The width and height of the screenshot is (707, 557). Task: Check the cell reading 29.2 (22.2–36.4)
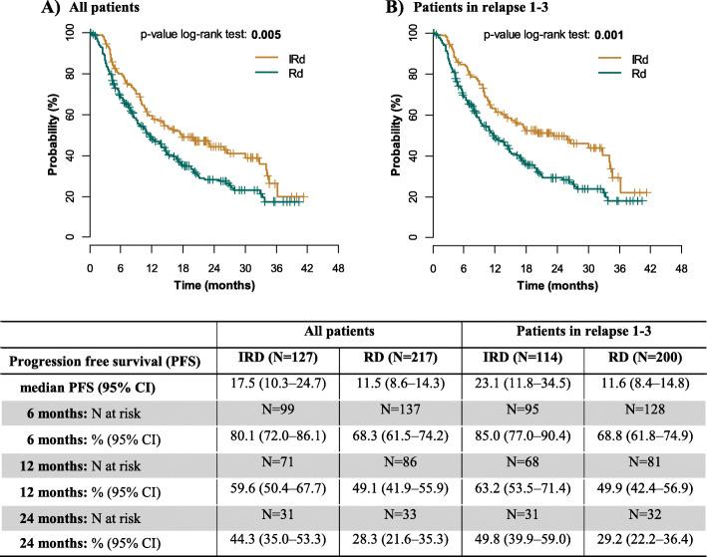click(x=644, y=542)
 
